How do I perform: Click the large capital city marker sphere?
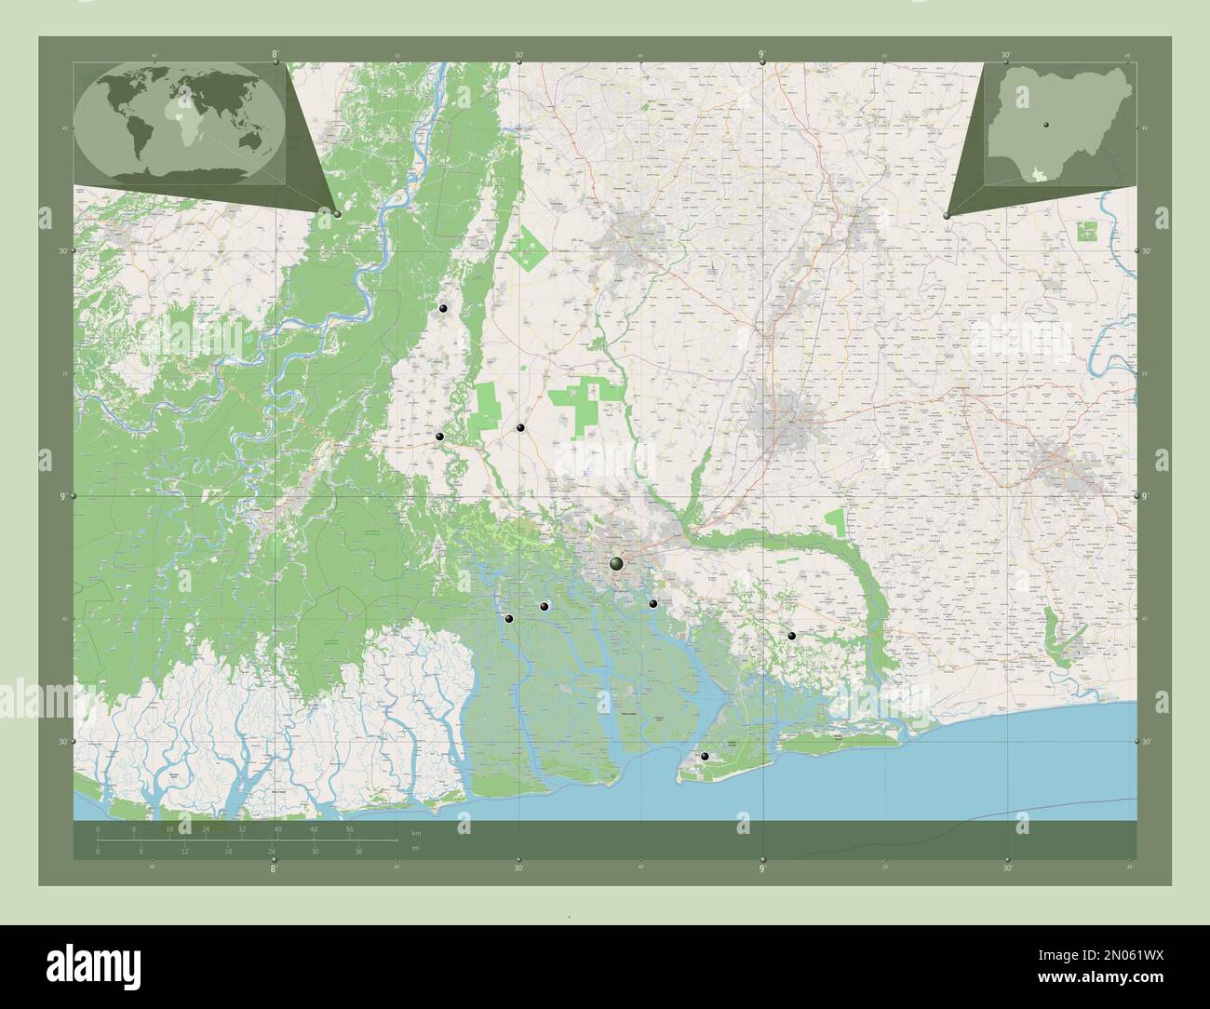pyautogui.click(x=616, y=563)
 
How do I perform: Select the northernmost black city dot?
pyautogui.click(x=443, y=308)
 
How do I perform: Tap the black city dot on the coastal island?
pyautogui.click(x=705, y=757)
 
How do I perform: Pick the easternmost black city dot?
pyautogui.click(x=791, y=636)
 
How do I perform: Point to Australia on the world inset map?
pyautogui.click(x=249, y=140)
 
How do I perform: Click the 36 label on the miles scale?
pyautogui.click(x=357, y=852)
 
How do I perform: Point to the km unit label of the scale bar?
pyautogui.click(x=415, y=833)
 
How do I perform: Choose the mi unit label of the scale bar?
pyautogui.click(x=415, y=847)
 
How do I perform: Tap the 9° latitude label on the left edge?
pyautogui.click(x=63, y=497)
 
